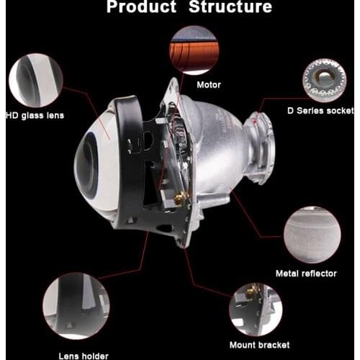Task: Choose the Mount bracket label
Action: [x=256, y=346]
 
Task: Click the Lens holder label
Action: [x=84, y=355]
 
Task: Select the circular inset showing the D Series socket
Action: [x=323, y=77]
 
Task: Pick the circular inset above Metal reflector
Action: [x=312, y=234]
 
